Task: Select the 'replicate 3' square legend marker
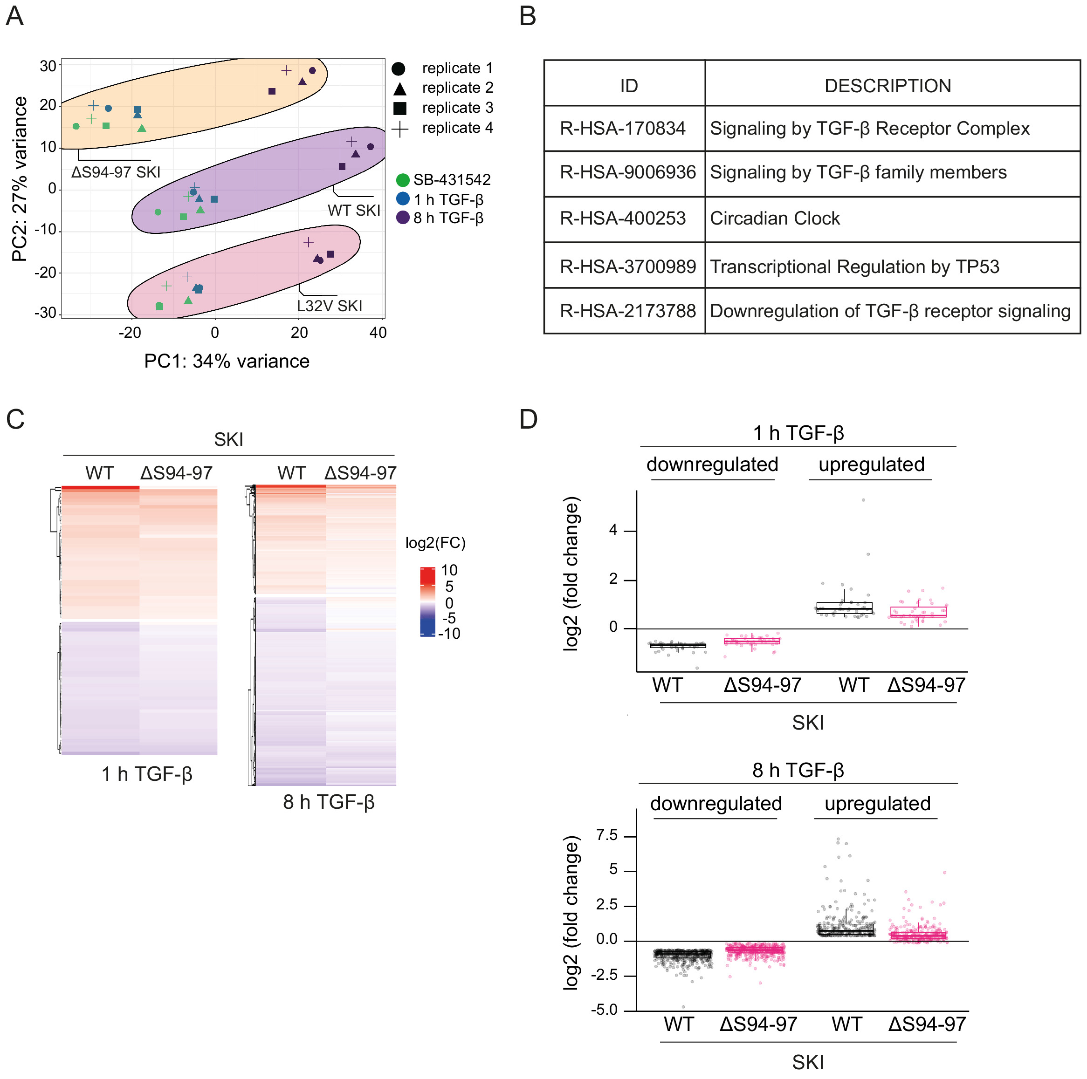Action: pos(399,108)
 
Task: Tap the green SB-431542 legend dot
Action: pos(402,180)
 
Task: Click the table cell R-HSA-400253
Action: pos(623,219)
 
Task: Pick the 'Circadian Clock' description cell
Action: pos(775,219)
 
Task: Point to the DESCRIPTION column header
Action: pos(887,86)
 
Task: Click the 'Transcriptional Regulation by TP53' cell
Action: pos(854,266)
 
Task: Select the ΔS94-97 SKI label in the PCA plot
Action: pos(116,172)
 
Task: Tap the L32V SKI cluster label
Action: pos(329,306)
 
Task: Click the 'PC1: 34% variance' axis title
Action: pos(227,361)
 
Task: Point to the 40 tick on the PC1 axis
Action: pos(378,333)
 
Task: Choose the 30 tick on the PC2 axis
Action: pos(48,66)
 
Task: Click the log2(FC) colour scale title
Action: pos(435,543)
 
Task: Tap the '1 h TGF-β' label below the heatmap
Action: pos(147,774)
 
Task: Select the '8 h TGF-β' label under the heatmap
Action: pos(329,802)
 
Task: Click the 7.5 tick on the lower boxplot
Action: pos(607,835)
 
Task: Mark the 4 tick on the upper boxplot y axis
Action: pos(613,530)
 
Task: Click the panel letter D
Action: pos(528,419)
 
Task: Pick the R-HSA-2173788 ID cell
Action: pos(627,311)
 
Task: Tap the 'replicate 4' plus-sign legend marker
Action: pos(399,129)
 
